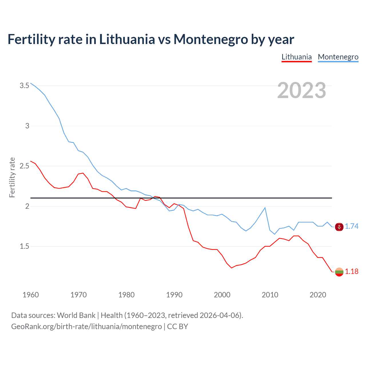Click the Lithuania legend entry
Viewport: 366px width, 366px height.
coord(297,57)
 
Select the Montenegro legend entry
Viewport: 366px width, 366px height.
coord(338,57)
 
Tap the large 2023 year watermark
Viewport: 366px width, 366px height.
coord(302,90)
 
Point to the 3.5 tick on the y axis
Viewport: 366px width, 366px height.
coord(24,85)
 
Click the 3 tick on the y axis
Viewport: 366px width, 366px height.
coord(27,126)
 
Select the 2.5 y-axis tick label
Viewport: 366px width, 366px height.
coord(24,166)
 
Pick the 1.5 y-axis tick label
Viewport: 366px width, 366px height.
coord(24,246)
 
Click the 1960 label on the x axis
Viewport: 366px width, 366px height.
coord(31,295)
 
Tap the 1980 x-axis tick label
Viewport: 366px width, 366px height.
coord(126,295)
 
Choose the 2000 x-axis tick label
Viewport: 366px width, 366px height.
coord(222,295)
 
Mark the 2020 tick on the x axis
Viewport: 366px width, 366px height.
coord(318,295)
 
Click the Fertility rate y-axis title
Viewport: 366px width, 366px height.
coord(12,177)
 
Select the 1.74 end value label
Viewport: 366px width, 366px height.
coord(351,226)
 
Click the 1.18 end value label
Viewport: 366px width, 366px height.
coord(351,271)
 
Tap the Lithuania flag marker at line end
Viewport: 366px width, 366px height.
coord(339,272)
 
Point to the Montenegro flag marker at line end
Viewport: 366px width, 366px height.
coord(339,227)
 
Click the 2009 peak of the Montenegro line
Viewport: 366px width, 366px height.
coord(265,208)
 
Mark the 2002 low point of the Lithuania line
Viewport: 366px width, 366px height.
coord(232,268)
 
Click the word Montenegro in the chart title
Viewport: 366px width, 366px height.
coord(210,39)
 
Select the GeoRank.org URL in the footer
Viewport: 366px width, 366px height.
coord(86,327)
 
